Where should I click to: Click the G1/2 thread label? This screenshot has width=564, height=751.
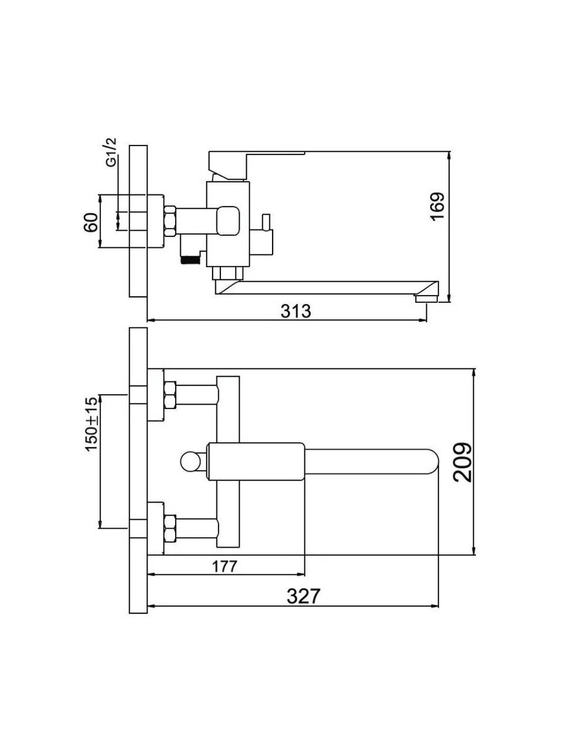(x=112, y=152)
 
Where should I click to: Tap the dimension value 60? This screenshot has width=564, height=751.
(x=90, y=222)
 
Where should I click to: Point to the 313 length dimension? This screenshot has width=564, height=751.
(x=296, y=311)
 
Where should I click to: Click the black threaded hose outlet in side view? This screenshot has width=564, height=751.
(x=189, y=260)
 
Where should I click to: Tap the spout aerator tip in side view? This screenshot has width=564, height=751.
(x=427, y=299)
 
